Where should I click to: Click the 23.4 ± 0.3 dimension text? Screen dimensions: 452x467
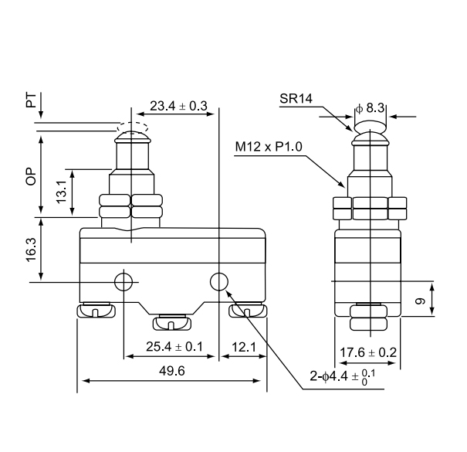pyautogui.click(x=178, y=107)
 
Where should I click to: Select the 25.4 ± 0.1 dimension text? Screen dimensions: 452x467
pyautogui.click(x=174, y=347)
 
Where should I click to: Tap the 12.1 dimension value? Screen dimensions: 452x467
pyautogui.click(x=243, y=347)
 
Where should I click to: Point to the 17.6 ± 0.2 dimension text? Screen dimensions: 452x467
pyautogui.click(x=368, y=353)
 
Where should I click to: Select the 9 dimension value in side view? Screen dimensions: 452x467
pyautogui.click(x=419, y=301)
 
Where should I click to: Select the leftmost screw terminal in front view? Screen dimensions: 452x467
pyautogui.click(x=96, y=311)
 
